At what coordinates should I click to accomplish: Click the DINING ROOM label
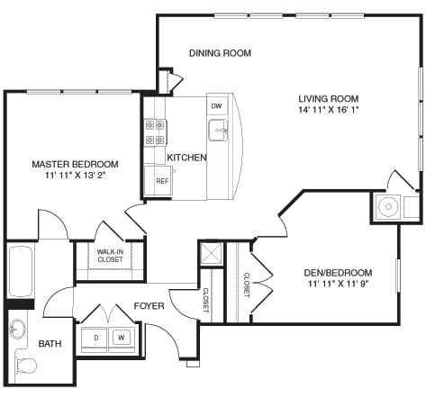pyautogui.click(x=220, y=53)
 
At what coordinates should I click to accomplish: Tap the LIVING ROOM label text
pyautogui.click(x=330, y=99)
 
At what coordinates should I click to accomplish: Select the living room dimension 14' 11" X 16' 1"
pyautogui.click(x=330, y=112)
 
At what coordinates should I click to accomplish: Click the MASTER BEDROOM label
pyautogui.click(x=75, y=164)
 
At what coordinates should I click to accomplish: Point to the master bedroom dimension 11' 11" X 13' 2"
pyautogui.click(x=75, y=176)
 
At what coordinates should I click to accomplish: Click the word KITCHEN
pyautogui.click(x=186, y=158)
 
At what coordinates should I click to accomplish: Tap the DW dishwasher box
pyautogui.click(x=216, y=106)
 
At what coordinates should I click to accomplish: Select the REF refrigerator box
pyautogui.click(x=162, y=180)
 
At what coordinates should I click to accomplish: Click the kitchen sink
pyautogui.click(x=219, y=132)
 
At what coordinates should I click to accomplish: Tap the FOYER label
pyautogui.click(x=149, y=306)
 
